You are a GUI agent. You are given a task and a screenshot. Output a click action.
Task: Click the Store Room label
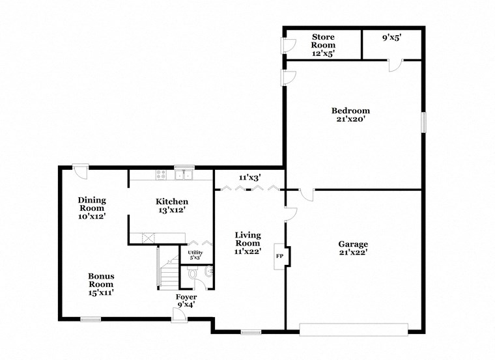pos(323,45)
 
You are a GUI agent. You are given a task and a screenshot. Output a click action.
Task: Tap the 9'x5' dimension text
pos(391,38)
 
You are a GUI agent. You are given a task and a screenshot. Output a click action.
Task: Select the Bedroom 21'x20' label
pos(350,115)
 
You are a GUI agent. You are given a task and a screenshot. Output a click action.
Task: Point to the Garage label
pos(352,248)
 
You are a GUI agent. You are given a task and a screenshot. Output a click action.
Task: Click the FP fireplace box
pos(280,256)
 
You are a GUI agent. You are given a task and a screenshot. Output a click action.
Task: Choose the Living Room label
pos(247,243)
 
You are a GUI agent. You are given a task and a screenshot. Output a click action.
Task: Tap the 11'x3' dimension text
pos(250,177)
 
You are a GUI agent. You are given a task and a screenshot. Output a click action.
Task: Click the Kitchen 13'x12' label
pos(171,206)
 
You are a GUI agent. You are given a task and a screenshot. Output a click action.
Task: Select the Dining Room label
pos(92,208)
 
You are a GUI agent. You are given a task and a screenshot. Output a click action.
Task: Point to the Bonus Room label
pos(101,284)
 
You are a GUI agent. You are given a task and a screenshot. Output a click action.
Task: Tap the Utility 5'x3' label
pos(195,255)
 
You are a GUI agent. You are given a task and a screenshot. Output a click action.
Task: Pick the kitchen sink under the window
pos(185,174)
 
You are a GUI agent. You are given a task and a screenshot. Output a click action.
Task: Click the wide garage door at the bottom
pos(353,329)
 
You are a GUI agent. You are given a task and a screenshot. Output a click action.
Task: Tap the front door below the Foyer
pos(177,316)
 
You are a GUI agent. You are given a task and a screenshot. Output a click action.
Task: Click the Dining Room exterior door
pos(81,170)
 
